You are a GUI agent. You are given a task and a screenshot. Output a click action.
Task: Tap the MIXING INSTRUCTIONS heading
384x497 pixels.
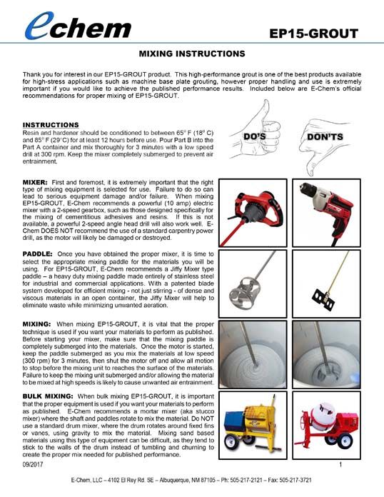(x=191, y=54)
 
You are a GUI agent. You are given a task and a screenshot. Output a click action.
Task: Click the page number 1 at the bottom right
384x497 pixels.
(x=340, y=465)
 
